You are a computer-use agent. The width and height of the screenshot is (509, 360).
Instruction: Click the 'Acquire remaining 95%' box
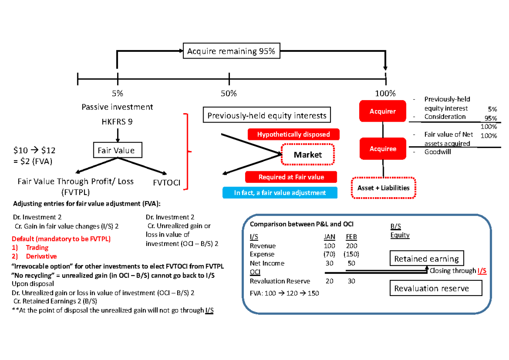coord(231,52)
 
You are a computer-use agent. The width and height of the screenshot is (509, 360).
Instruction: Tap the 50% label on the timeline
coord(229,93)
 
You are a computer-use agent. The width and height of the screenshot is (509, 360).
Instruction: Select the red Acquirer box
coord(383,112)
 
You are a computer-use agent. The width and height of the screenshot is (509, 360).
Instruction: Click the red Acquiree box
coord(383,149)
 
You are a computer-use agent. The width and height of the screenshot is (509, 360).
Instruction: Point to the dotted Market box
coord(308,155)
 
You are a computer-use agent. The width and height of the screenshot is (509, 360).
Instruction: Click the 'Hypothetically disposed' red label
coord(293,134)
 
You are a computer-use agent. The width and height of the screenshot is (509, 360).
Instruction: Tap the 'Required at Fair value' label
coord(291,177)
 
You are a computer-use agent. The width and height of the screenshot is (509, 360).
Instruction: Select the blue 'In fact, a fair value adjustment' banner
coord(280,193)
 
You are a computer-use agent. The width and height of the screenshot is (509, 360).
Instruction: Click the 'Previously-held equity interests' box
coord(267,115)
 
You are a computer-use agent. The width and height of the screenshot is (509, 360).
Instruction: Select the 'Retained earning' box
coord(427,259)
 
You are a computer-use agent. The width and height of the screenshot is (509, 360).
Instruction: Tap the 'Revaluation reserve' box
coord(436,288)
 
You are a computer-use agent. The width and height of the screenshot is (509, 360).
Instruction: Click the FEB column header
coord(351,237)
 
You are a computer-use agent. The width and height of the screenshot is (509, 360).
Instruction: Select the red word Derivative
coord(41,256)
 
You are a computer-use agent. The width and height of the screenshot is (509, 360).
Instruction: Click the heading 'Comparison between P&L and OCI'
coord(302,224)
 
